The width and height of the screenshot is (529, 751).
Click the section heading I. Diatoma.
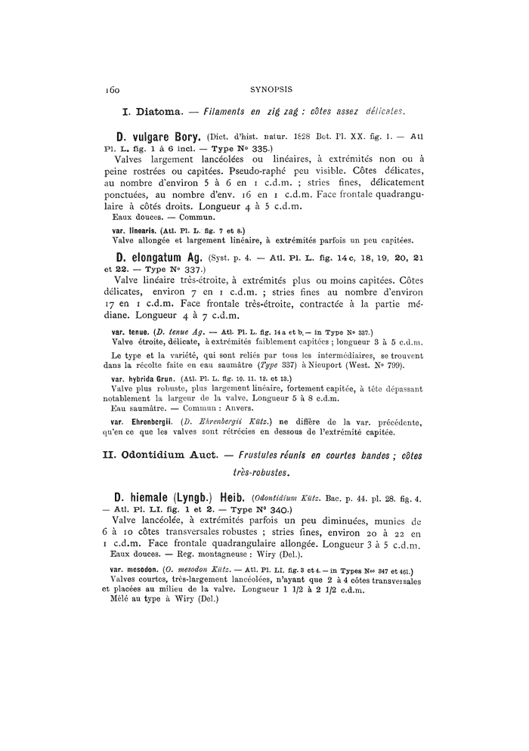[150, 111]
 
